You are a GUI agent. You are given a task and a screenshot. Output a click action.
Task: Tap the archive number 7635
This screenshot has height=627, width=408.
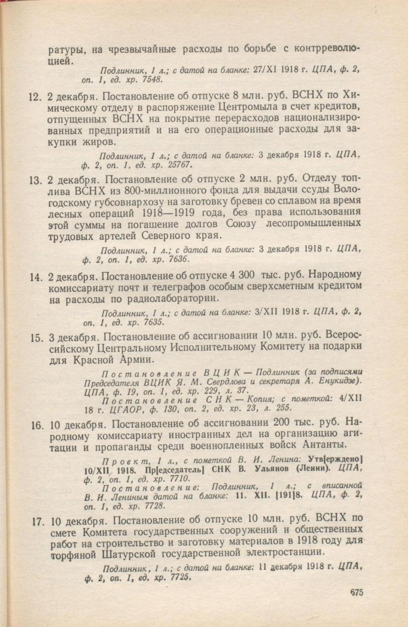[x=152, y=323]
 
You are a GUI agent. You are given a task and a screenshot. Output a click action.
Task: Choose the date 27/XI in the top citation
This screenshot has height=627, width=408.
[x=265, y=70]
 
